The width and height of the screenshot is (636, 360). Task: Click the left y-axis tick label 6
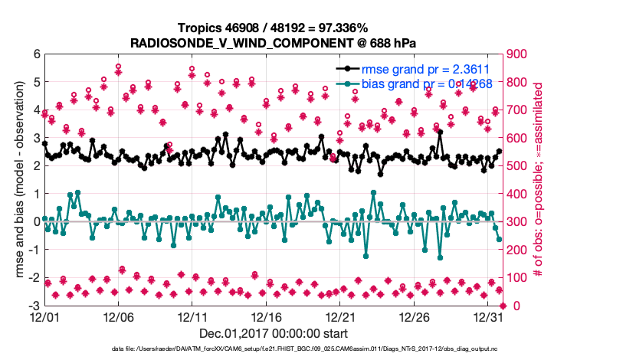pos(36,54)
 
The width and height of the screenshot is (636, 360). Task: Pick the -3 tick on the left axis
pos(34,306)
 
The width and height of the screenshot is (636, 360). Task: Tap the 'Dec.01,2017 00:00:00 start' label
pos(274,333)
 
